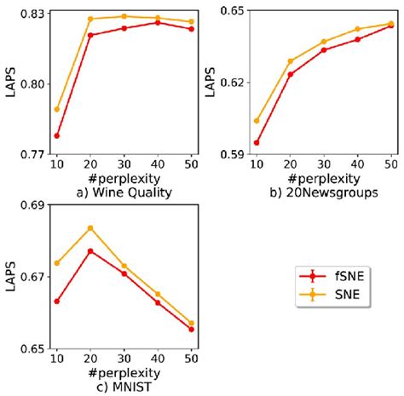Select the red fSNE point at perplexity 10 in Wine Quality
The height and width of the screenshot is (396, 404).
tap(56, 135)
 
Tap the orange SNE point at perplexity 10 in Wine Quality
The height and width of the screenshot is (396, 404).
tap(56, 109)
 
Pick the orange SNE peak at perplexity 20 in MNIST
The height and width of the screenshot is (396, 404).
tap(89, 227)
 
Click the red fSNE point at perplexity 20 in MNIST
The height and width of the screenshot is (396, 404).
tap(89, 250)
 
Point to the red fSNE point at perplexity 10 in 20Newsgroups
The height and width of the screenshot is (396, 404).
tap(257, 142)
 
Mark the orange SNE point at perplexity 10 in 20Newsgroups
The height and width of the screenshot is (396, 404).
tap(257, 121)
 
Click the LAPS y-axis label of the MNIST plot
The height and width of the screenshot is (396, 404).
tap(9, 277)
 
